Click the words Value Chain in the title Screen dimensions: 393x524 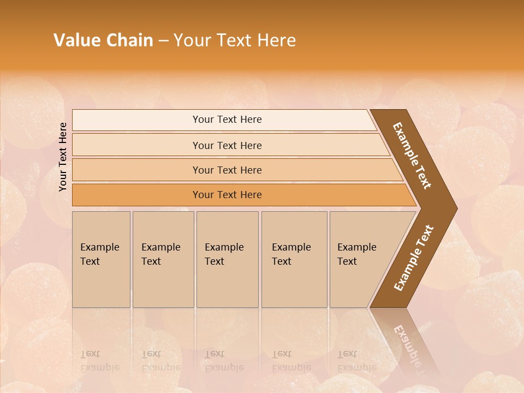tap(103, 40)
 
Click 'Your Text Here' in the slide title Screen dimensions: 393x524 tap(235, 40)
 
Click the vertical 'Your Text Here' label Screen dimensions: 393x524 tap(63, 157)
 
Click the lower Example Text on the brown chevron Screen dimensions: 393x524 tap(414, 258)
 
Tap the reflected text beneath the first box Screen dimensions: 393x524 tap(98, 361)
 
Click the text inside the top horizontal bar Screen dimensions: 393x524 tap(227, 120)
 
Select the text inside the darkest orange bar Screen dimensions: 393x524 tap(227, 195)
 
